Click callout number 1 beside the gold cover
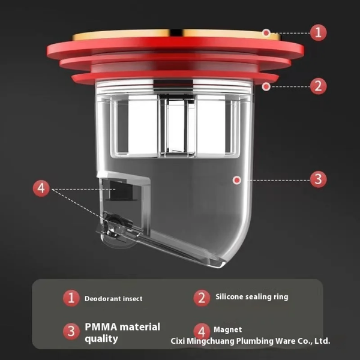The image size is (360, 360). (x=318, y=32)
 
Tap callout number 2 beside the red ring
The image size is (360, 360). (x=318, y=86)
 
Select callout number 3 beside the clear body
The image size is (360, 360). (x=318, y=179)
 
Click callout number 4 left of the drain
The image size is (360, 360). (x=41, y=188)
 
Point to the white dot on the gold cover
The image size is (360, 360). (x=266, y=33)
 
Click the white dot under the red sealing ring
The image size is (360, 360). (x=266, y=86)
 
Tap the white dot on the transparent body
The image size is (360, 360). (x=237, y=180)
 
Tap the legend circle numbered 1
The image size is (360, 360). (x=71, y=298)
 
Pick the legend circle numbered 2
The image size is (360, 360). (x=202, y=298)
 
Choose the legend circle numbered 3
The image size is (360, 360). (x=71, y=331)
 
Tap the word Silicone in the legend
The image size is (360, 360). (x=229, y=296)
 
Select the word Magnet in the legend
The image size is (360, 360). (x=228, y=329)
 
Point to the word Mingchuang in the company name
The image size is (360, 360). (x=211, y=341)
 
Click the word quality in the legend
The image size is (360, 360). (x=101, y=339)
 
